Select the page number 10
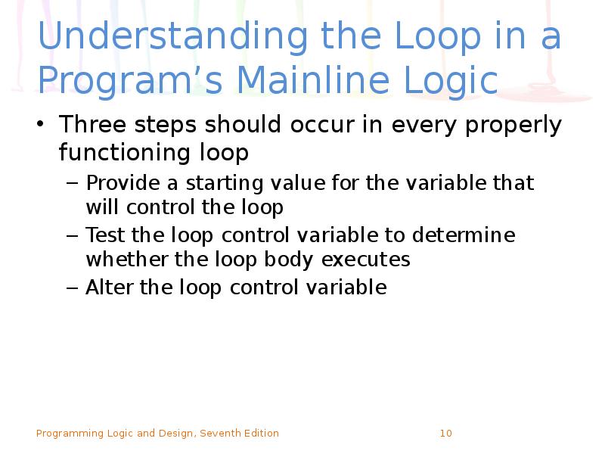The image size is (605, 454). (445, 434)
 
